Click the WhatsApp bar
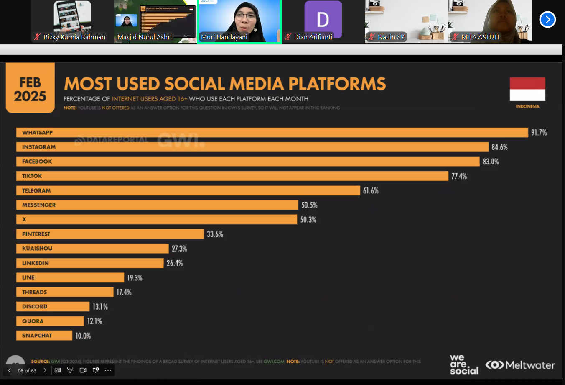pyautogui.click(x=272, y=133)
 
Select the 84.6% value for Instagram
pyautogui.click(x=499, y=147)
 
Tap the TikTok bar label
pyautogui.click(x=32, y=176)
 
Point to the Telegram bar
pyautogui.click(x=188, y=191)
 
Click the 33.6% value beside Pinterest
pyautogui.click(x=215, y=234)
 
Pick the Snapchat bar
pyautogui.click(x=44, y=336)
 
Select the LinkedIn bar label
pyautogui.click(x=36, y=263)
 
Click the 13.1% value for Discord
pyautogui.click(x=100, y=307)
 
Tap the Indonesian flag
pyautogui.click(x=527, y=89)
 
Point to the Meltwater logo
pyautogui.click(x=520, y=365)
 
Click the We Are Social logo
pyautogui.click(x=464, y=364)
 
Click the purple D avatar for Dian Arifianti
pyautogui.click(x=323, y=19)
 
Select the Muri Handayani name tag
pyautogui.click(x=224, y=37)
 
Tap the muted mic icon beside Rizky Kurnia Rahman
pyautogui.click(x=37, y=37)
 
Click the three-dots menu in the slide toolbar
pyautogui.click(x=108, y=370)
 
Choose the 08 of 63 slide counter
pyautogui.click(x=27, y=371)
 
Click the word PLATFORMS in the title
pyautogui.click(x=337, y=84)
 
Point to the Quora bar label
pyautogui.click(x=33, y=321)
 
